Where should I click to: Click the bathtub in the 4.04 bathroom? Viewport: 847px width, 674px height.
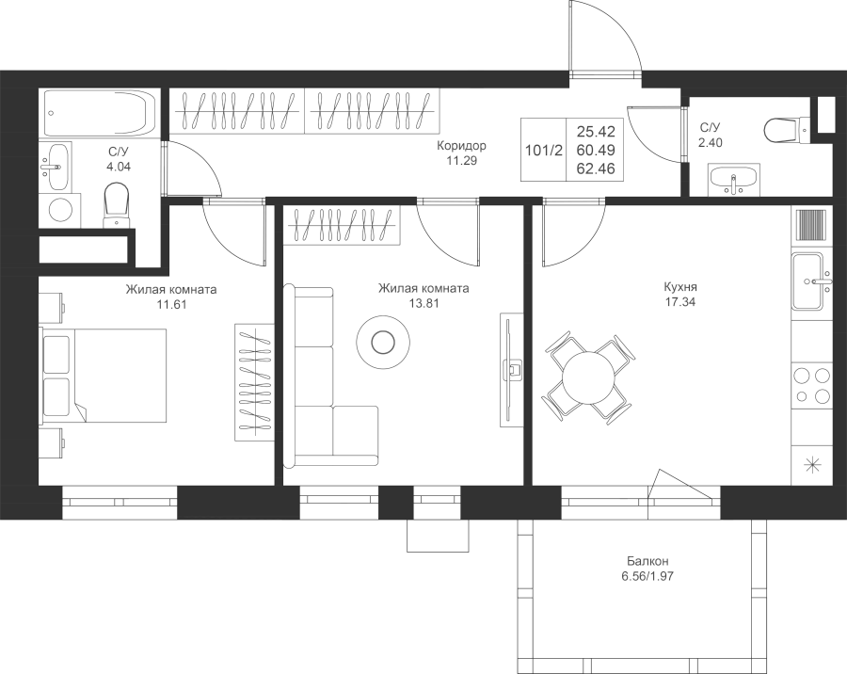[101, 112]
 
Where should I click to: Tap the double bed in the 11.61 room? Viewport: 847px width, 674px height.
[104, 374]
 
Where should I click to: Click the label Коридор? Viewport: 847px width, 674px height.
[461, 145]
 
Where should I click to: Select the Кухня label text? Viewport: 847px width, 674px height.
[680, 287]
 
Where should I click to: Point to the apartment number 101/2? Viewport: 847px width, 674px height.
[543, 151]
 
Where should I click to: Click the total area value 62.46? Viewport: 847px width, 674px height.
[596, 168]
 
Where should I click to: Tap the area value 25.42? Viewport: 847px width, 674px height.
[596, 132]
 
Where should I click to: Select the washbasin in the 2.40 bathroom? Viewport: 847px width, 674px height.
[733, 180]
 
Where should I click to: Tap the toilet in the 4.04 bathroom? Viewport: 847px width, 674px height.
[117, 205]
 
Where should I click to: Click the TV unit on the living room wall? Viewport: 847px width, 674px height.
[512, 370]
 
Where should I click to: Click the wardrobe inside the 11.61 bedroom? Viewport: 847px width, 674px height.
[254, 382]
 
